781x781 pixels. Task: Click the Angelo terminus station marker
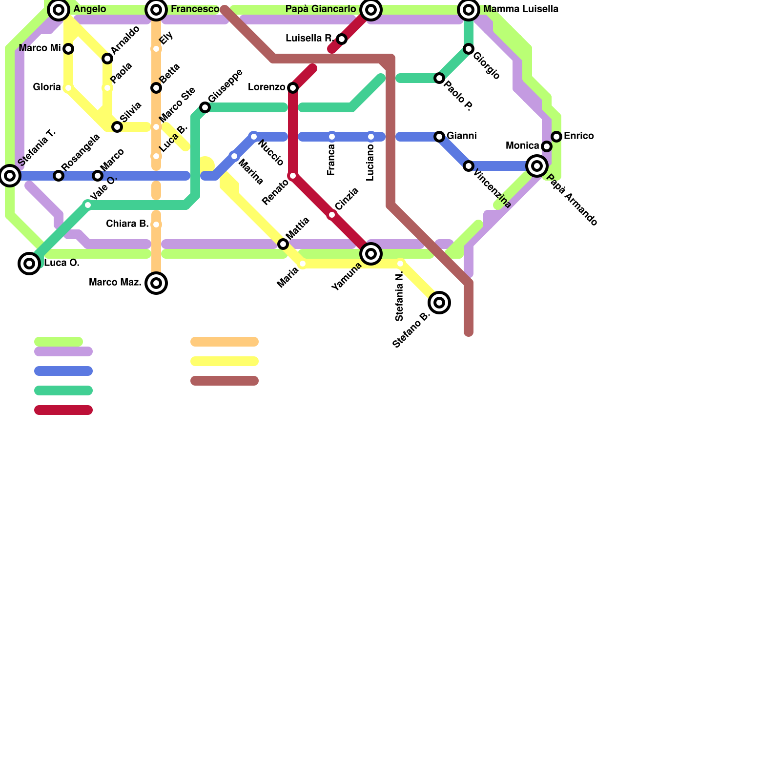pyautogui.click(x=59, y=9)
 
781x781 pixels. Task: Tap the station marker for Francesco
pyautogui.click(x=156, y=9)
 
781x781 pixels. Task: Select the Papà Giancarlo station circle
pyautogui.click(x=371, y=9)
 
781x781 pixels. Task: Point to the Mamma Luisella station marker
pyautogui.click(x=469, y=9)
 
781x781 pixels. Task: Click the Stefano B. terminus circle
pyautogui.click(x=439, y=303)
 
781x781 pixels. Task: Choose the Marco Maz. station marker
pyautogui.click(x=156, y=283)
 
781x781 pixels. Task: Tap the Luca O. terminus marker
pyautogui.click(x=29, y=264)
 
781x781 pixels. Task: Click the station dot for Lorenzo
pyautogui.click(x=293, y=88)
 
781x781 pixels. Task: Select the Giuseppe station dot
pyautogui.click(x=205, y=107)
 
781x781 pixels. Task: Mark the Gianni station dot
pyautogui.click(x=439, y=137)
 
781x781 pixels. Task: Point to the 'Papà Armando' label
pyautogui.click(x=572, y=200)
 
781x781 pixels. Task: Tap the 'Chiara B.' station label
pyautogui.click(x=127, y=224)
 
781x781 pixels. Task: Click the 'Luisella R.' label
pyautogui.click(x=309, y=38)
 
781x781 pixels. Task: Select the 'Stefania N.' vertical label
pyautogui.click(x=400, y=297)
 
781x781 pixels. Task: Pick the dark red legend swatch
pyautogui.click(x=63, y=410)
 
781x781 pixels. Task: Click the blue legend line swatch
pyautogui.click(x=63, y=371)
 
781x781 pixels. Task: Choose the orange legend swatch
pyautogui.click(x=225, y=342)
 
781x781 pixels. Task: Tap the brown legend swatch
pyautogui.click(x=225, y=381)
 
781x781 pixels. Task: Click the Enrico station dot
pyautogui.click(x=556, y=137)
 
